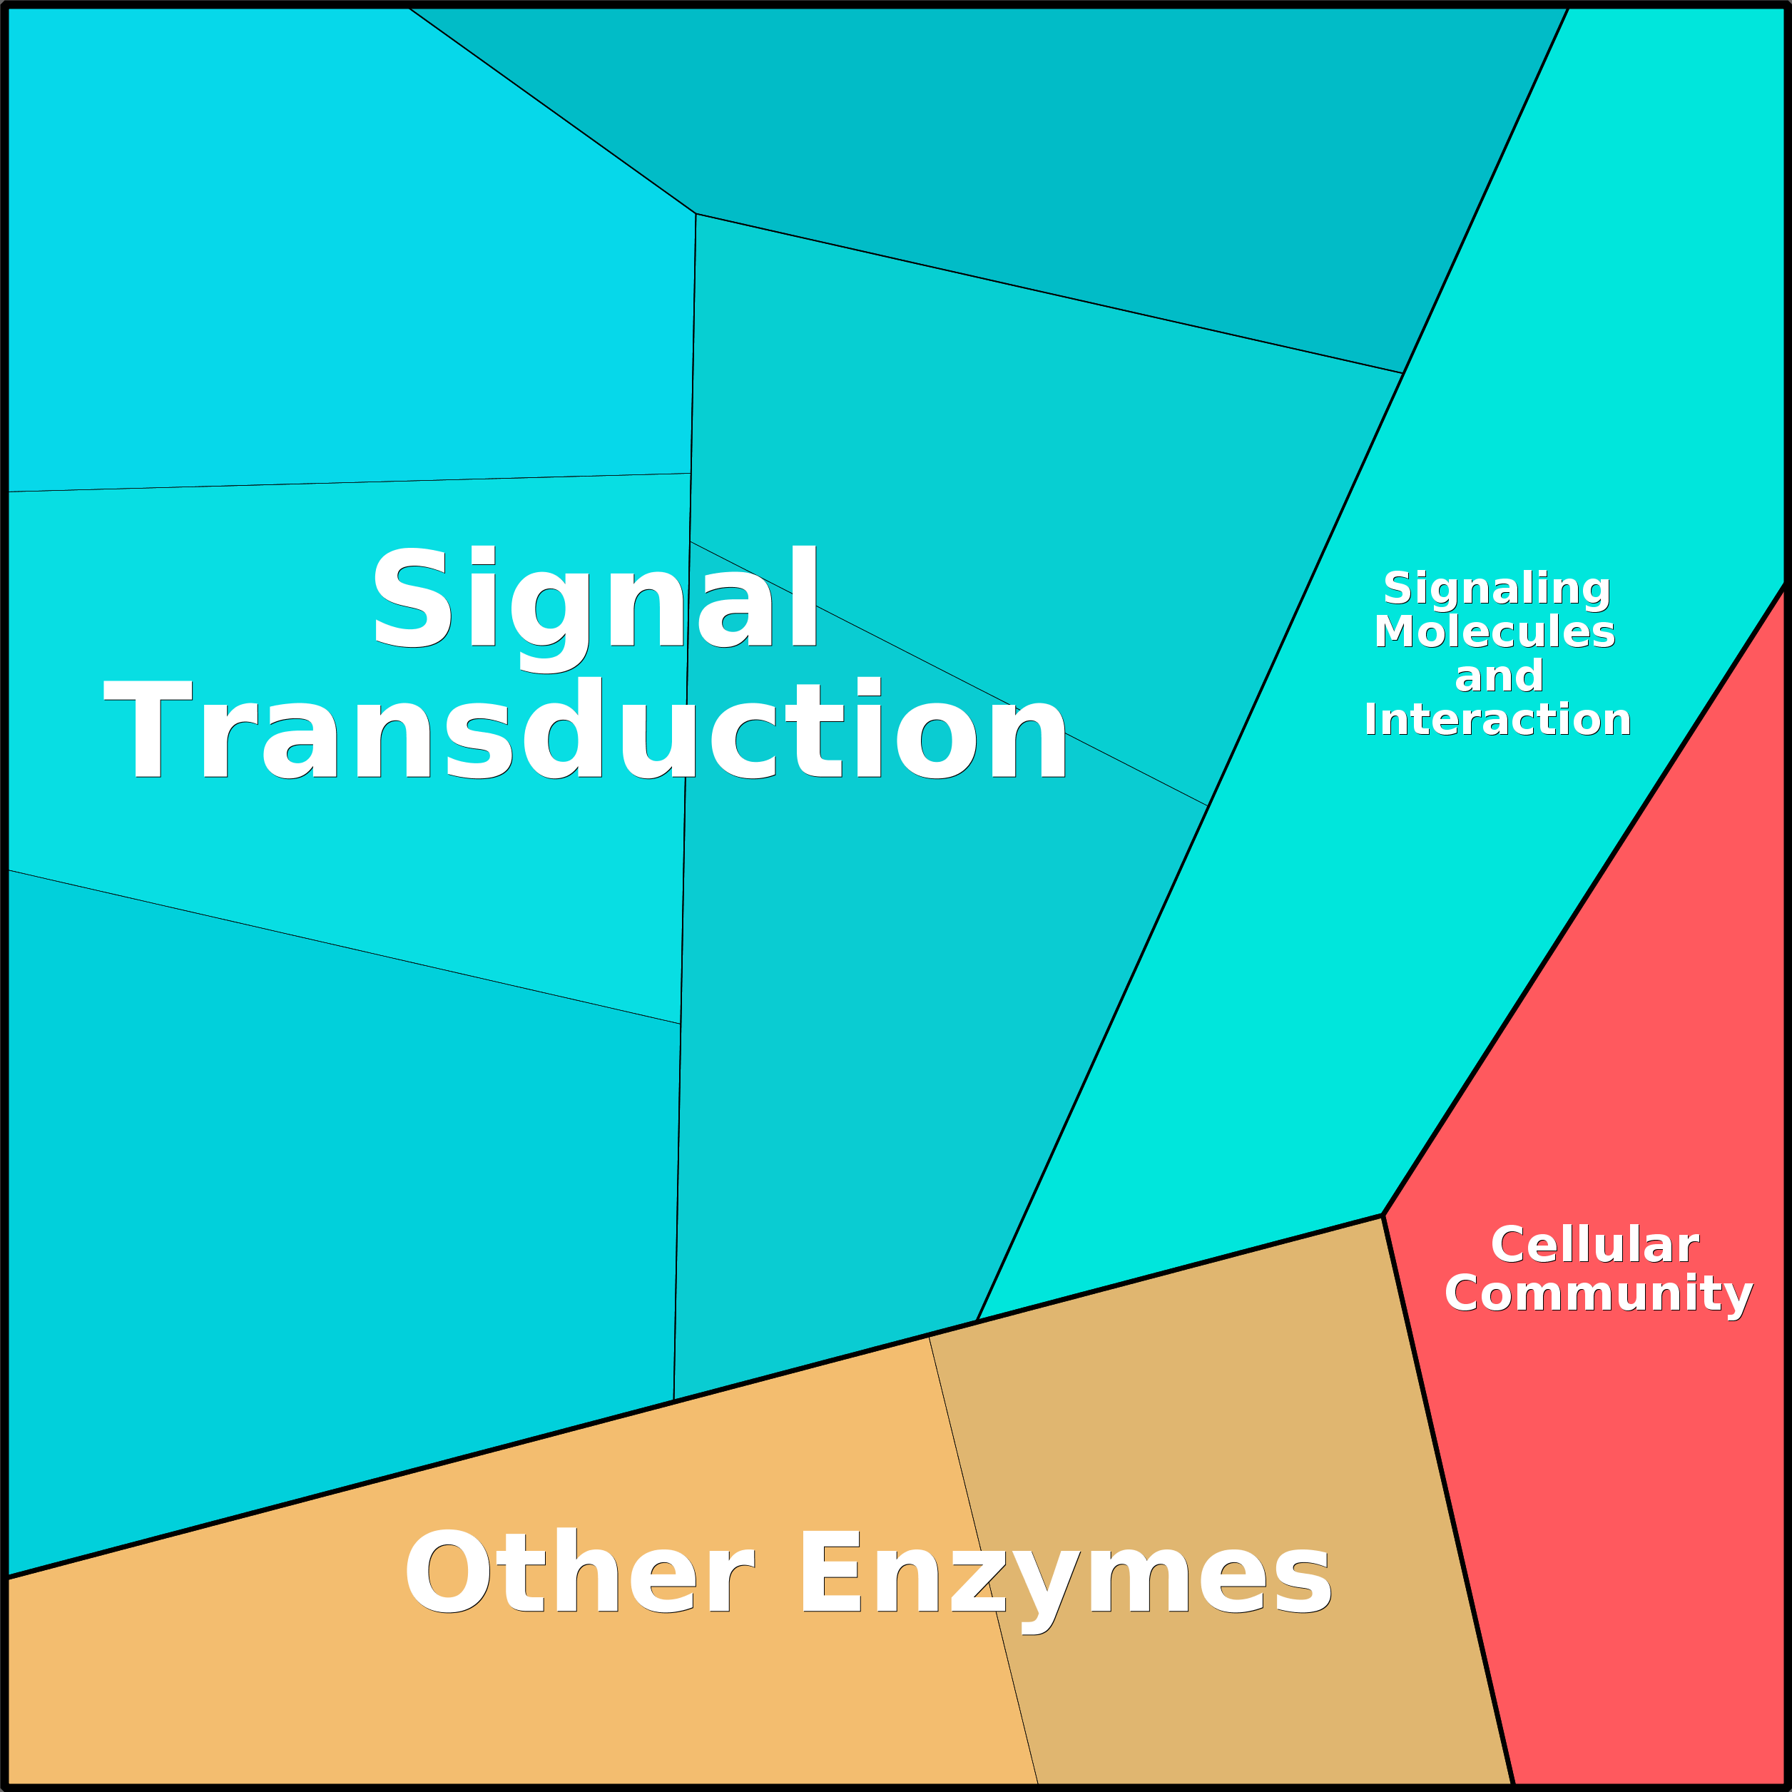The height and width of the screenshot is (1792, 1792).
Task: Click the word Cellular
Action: [1594, 1245]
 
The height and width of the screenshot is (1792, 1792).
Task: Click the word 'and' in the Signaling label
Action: [1498, 676]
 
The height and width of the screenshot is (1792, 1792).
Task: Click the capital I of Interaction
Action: [1371, 720]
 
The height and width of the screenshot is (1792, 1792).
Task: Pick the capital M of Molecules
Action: [1394, 631]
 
